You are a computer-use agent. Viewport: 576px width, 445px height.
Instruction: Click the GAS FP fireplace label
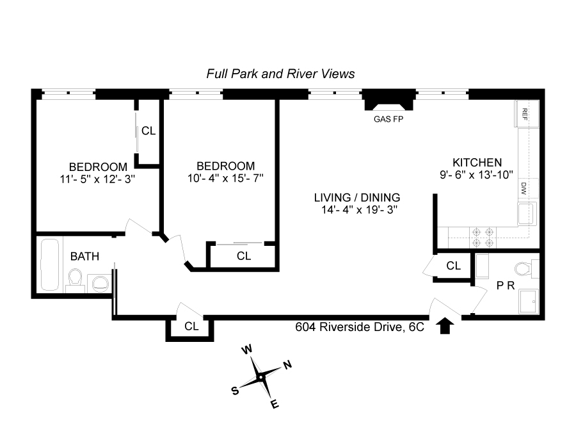pos(388,119)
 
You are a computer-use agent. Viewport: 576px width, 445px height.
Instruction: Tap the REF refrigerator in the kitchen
pos(528,113)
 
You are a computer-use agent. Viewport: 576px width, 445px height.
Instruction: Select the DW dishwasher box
pos(528,188)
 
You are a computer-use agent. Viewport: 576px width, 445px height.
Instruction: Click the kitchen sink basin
pos(527,213)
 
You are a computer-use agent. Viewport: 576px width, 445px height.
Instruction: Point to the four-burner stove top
pos(483,238)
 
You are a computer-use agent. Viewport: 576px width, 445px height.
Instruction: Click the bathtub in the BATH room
pos(49,264)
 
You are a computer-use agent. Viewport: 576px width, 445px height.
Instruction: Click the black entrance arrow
pos(445,326)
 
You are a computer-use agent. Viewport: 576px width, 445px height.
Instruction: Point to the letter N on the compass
pos(287,364)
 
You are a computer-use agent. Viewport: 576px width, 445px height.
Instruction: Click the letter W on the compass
pos(247,349)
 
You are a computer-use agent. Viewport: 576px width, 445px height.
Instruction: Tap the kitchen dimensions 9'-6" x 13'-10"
pos(476,175)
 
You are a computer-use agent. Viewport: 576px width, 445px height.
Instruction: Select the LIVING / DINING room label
pos(356,197)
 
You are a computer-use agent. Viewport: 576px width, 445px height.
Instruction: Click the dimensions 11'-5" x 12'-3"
pos(97,179)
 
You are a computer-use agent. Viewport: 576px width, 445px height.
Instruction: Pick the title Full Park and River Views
pos(281,74)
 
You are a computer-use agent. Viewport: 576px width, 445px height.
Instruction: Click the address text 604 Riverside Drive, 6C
pos(360,327)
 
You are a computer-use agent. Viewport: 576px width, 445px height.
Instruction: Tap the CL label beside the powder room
pos(453,266)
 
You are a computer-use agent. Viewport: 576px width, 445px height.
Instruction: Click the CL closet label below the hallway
pos(191,326)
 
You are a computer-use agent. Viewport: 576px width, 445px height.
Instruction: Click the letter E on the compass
pos(275,404)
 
